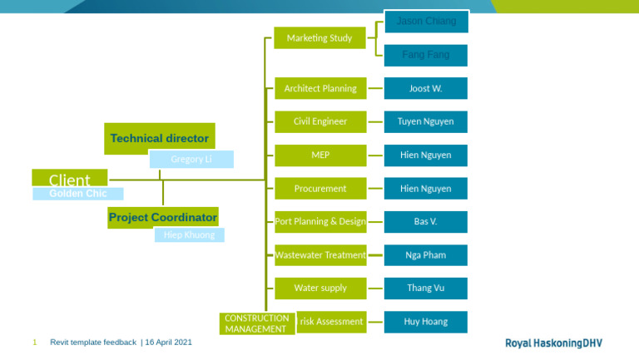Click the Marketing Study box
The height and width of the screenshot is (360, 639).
[x=319, y=37]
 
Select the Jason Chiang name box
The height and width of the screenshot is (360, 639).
[x=426, y=21]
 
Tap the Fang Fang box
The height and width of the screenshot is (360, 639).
[x=426, y=55]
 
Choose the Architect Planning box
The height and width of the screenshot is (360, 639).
[x=319, y=88]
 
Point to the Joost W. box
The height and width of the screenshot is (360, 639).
[x=426, y=88]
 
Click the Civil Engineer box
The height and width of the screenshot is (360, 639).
[x=319, y=121]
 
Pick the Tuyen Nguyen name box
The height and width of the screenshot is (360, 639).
[x=426, y=121]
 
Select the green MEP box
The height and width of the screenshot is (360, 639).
[x=319, y=155]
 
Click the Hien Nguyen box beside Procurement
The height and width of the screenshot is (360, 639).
[x=426, y=189]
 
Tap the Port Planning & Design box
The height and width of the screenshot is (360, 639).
[x=319, y=222]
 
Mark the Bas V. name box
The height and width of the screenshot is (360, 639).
[x=426, y=222]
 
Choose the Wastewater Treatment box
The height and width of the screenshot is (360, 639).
[x=319, y=255]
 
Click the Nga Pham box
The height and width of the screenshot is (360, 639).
[x=426, y=255]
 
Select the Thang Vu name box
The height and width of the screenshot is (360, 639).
[x=426, y=288]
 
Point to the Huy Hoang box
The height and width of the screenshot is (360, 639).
[x=426, y=322]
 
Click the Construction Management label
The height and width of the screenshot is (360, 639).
[x=257, y=323]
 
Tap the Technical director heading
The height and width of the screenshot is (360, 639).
[x=159, y=138]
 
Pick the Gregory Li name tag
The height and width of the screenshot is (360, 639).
[x=191, y=159]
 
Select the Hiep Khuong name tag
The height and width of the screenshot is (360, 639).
[x=189, y=235]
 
